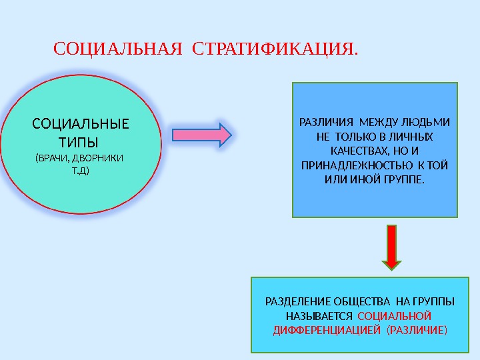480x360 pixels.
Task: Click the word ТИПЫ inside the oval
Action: click(x=82, y=142)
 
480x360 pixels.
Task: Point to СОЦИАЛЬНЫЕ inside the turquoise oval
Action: click(x=81, y=125)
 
